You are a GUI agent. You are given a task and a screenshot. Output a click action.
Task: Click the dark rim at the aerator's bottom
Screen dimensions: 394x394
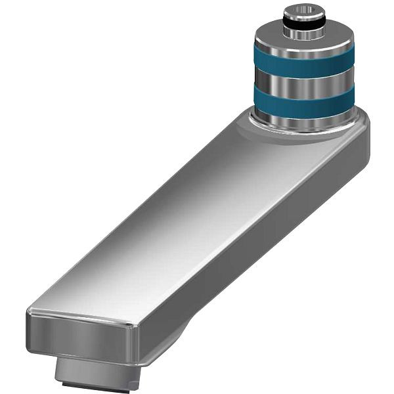(x=98, y=383)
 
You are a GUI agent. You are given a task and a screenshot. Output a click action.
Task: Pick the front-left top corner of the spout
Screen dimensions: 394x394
(x=30, y=311)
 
